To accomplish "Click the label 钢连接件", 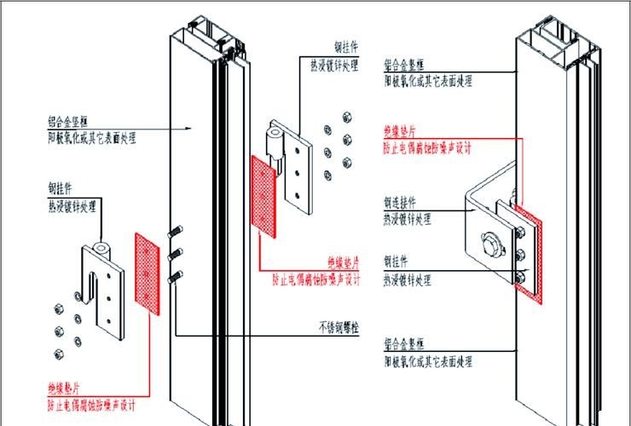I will click(x=400, y=203).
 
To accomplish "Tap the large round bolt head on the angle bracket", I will click(x=490, y=245).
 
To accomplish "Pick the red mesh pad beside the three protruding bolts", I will click(x=148, y=272).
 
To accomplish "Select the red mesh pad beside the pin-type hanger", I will click(x=263, y=191).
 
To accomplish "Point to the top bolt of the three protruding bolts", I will click(x=177, y=230).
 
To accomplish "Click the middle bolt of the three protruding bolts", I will click(x=176, y=253).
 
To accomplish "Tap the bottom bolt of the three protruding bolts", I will click(x=175, y=275).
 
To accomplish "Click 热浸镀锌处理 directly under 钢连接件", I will click(x=408, y=218).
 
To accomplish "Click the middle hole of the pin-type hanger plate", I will click(x=298, y=174).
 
